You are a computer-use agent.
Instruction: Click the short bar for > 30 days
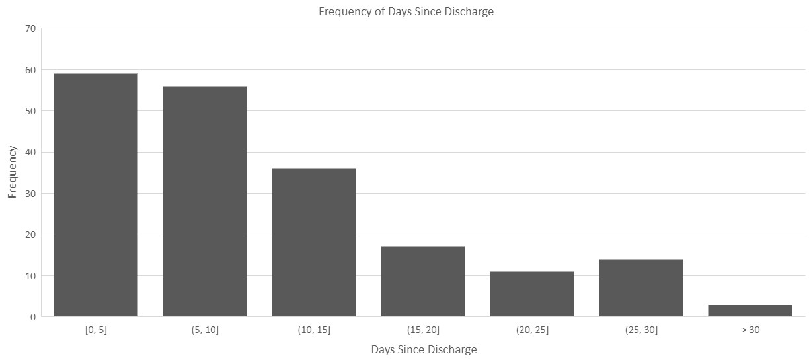click(x=750, y=310)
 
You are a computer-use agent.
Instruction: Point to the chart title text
click(x=406, y=11)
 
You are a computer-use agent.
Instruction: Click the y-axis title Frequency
click(x=12, y=172)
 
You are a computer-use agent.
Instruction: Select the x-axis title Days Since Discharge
click(x=424, y=349)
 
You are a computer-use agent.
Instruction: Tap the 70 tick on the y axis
click(x=30, y=28)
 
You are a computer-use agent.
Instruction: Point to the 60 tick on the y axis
click(x=30, y=70)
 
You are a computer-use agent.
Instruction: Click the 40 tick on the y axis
click(x=30, y=152)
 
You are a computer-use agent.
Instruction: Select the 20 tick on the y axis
click(x=30, y=234)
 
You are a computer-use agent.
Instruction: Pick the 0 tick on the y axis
click(x=32, y=317)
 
